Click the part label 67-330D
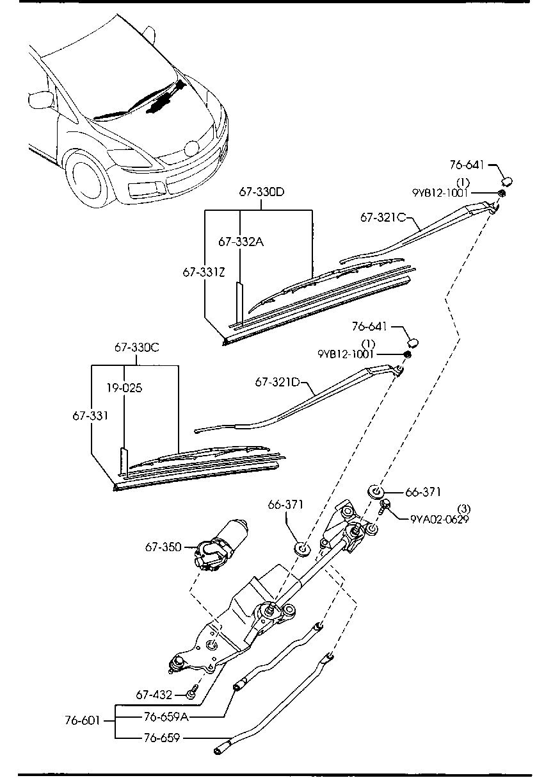[262, 192]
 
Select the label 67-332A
[241, 242]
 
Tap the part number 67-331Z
[204, 272]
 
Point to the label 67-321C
[383, 218]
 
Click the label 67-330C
[137, 347]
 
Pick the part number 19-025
[124, 388]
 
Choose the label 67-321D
[278, 383]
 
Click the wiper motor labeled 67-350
[221, 545]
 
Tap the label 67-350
[163, 548]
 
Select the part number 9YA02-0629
[440, 519]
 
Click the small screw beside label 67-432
[192, 691]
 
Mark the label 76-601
[83, 721]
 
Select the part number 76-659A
[166, 717]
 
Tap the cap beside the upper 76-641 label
[507, 181]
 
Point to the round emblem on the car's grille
[191, 149]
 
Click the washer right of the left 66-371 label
[302, 549]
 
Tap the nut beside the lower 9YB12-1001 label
[407, 354]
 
